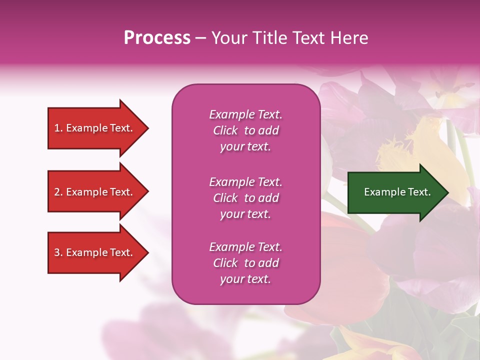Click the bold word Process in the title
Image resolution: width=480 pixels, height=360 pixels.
click(157, 38)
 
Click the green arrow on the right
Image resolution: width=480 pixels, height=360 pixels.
click(395, 192)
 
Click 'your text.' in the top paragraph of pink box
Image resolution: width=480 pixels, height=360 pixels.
click(245, 147)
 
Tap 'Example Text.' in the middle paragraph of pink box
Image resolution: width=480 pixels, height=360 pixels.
click(245, 182)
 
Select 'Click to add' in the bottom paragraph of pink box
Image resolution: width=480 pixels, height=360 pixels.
click(245, 263)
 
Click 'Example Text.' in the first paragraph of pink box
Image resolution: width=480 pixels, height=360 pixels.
click(245, 114)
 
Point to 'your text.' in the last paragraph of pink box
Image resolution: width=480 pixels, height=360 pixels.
click(245, 279)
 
